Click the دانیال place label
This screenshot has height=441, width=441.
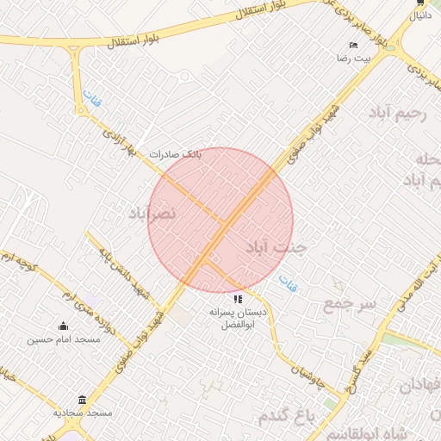(x=419, y=16)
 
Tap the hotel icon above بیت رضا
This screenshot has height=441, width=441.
(x=353, y=45)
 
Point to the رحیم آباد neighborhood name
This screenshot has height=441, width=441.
(x=397, y=115)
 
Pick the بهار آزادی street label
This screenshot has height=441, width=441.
(x=120, y=141)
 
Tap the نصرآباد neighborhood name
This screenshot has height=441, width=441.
(x=152, y=212)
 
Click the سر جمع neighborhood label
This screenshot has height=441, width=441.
(x=350, y=304)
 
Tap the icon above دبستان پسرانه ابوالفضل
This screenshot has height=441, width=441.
(x=239, y=299)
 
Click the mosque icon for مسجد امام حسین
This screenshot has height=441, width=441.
(x=63, y=326)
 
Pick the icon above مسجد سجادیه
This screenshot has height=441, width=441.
(x=82, y=401)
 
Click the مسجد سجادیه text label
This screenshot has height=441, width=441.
(x=83, y=413)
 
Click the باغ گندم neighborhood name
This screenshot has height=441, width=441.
(x=287, y=417)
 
